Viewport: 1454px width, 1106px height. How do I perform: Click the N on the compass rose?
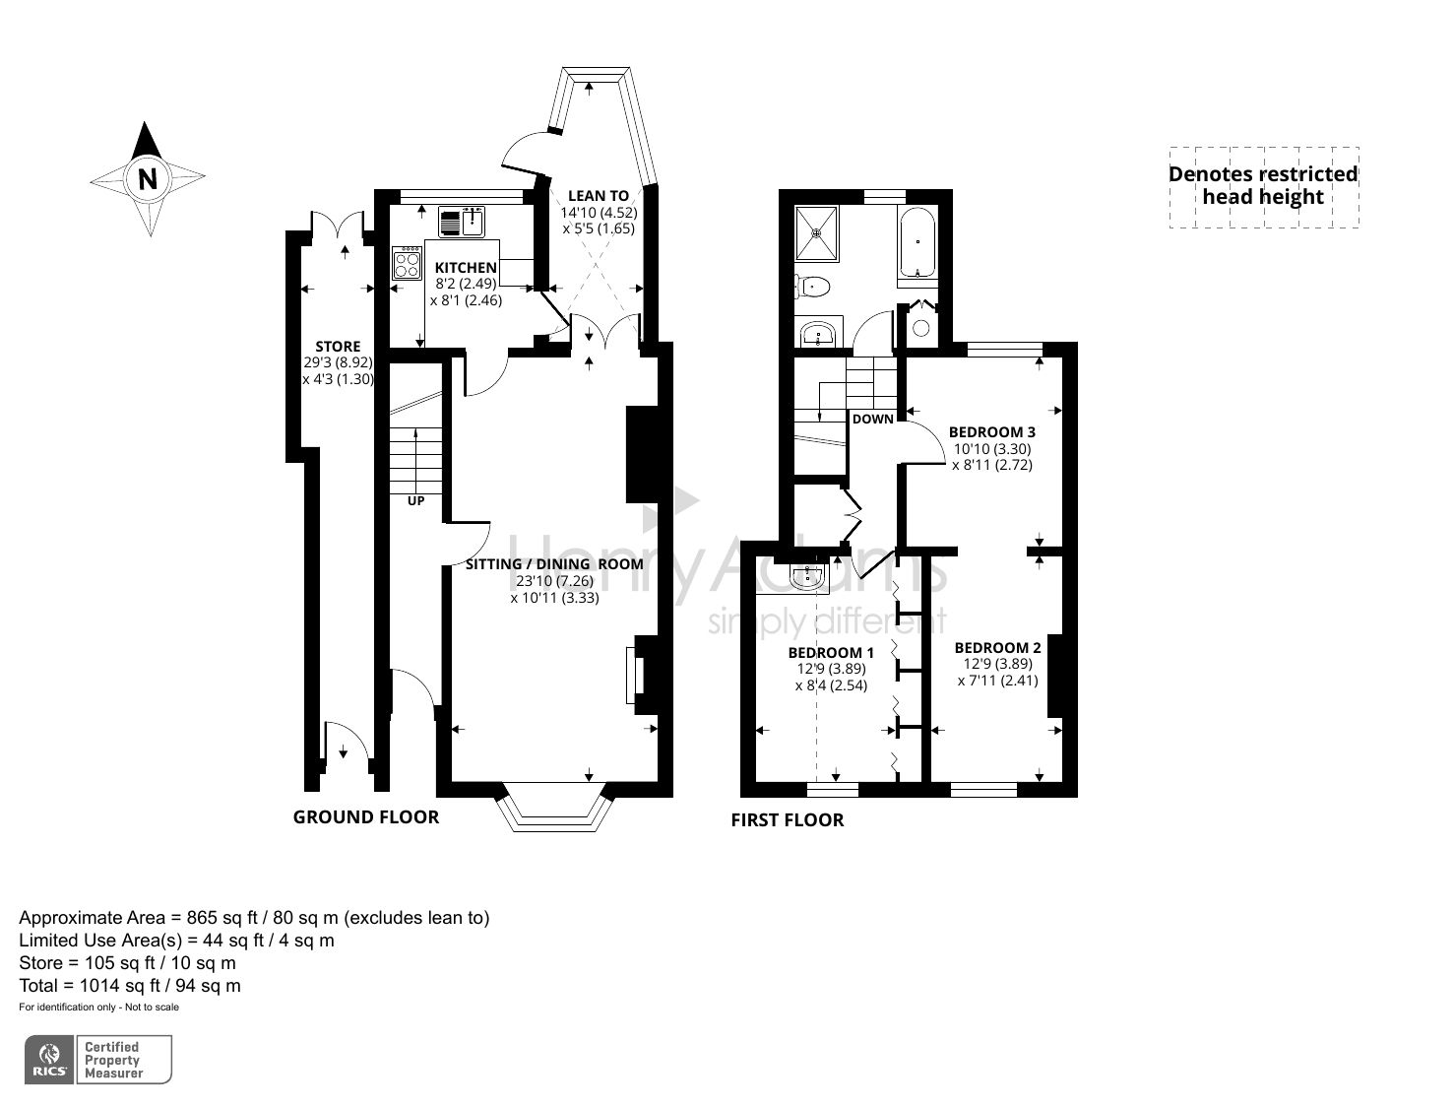point(148,179)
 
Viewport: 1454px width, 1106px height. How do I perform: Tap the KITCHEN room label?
point(466,268)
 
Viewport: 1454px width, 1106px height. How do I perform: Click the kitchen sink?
point(462,222)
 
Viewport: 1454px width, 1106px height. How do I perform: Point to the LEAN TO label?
point(598,196)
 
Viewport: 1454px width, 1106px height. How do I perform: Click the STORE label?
point(338,347)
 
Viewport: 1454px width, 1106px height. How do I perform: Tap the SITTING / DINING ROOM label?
point(554,564)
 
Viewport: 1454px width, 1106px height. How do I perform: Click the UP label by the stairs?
point(416,501)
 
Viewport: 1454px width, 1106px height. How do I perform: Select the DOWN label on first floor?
point(872,419)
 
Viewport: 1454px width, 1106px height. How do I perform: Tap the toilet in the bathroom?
point(813,287)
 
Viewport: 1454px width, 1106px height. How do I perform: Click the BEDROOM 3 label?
point(991,431)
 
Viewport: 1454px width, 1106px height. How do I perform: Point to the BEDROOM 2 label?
point(997,647)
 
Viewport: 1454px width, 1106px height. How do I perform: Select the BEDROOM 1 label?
point(831,652)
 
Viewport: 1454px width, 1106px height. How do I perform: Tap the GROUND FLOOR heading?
point(365,816)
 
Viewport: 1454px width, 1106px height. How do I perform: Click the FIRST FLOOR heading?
point(787,819)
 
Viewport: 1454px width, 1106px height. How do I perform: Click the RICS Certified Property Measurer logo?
point(98,1060)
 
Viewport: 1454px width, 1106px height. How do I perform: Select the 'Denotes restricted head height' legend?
point(1263,186)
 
